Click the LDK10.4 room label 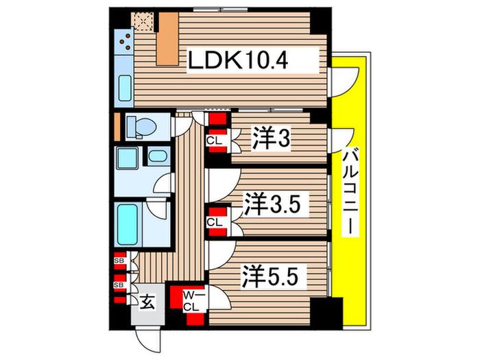237,60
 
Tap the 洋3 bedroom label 271,140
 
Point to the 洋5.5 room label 270,276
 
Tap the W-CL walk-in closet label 192,302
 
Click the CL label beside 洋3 214,141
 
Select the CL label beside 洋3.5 214,223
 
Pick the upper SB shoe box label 119,261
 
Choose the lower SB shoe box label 119,285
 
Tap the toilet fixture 141,127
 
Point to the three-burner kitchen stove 124,41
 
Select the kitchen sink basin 125,88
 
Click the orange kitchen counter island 168,39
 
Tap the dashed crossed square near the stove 143,21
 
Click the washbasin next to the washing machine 158,156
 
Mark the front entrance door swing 148,339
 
